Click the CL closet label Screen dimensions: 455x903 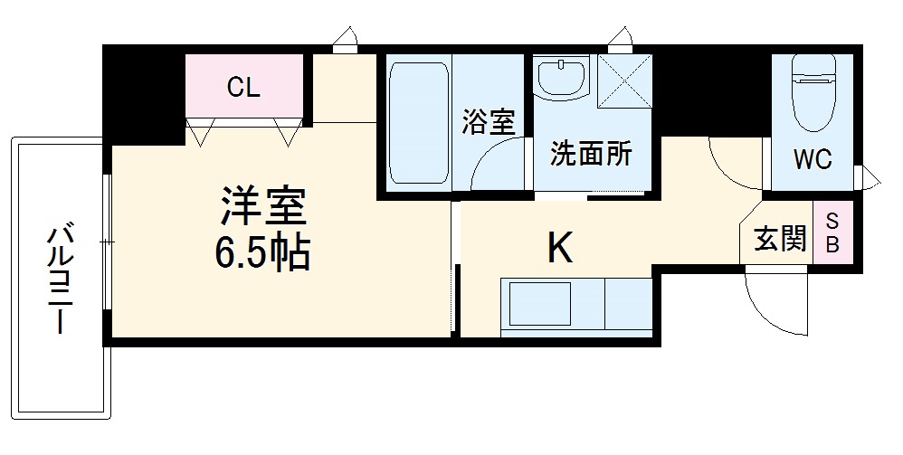point(243,88)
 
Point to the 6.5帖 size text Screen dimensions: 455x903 point(262,254)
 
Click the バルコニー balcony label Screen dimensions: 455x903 point(60,281)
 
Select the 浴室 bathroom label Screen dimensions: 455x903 point(489,122)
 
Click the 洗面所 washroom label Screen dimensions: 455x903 point(592,155)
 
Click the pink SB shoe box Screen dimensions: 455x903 point(832,232)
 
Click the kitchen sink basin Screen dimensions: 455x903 point(540,305)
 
